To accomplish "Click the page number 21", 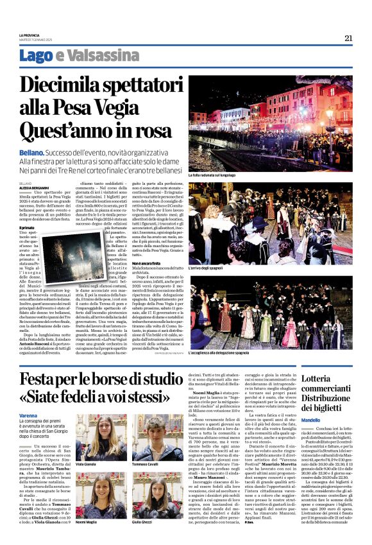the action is point(348,38).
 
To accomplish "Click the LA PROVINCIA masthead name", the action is point(30,35).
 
